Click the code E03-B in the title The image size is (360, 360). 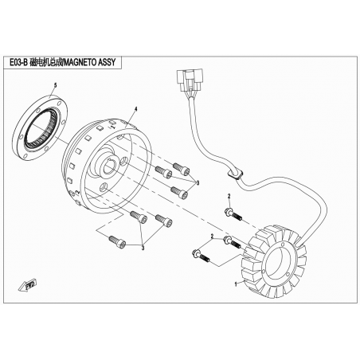[18, 62]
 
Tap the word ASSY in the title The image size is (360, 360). [107, 62]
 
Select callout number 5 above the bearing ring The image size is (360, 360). [55, 85]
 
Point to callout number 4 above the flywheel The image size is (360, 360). [136, 109]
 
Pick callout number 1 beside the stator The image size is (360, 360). [236, 284]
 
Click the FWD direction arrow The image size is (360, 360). [28, 286]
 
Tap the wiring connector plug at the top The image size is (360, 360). [190, 79]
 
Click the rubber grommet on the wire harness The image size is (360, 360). [235, 174]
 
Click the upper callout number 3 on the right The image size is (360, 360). [198, 183]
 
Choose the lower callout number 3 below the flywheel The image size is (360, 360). [143, 248]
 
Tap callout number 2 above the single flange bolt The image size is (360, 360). [229, 196]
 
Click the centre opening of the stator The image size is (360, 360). [278, 262]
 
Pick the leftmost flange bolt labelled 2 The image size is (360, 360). [201, 256]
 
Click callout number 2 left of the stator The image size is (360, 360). [212, 236]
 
